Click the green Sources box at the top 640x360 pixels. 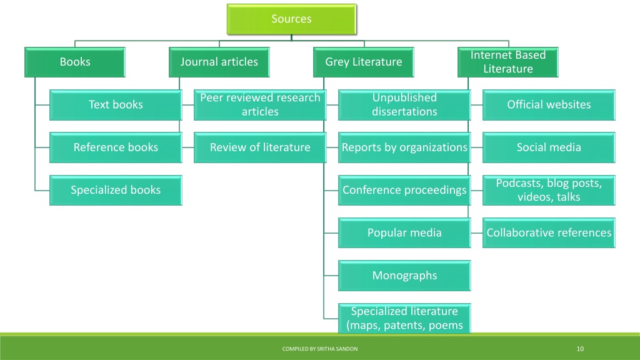(x=291, y=19)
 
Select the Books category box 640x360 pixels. (x=75, y=62)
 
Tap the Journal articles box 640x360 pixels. (x=219, y=62)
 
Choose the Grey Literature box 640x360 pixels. (x=364, y=62)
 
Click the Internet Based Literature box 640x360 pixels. (x=507, y=62)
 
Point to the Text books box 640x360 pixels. (x=116, y=105)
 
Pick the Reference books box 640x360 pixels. (x=116, y=147)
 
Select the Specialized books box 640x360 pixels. (x=116, y=190)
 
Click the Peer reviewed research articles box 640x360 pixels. (x=260, y=105)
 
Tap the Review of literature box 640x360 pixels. (x=260, y=147)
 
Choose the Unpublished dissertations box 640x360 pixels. (x=404, y=105)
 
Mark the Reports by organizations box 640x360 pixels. (x=404, y=147)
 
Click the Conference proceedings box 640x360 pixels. (x=404, y=190)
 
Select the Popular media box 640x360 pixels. (x=404, y=232)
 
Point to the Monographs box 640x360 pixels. (x=404, y=276)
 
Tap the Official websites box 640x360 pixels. (x=549, y=105)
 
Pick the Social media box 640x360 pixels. (x=549, y=147)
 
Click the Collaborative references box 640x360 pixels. (x=549, y=232)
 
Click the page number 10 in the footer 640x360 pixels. (x=580, y=349)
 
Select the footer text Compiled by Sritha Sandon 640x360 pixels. (x=320, y=349)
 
